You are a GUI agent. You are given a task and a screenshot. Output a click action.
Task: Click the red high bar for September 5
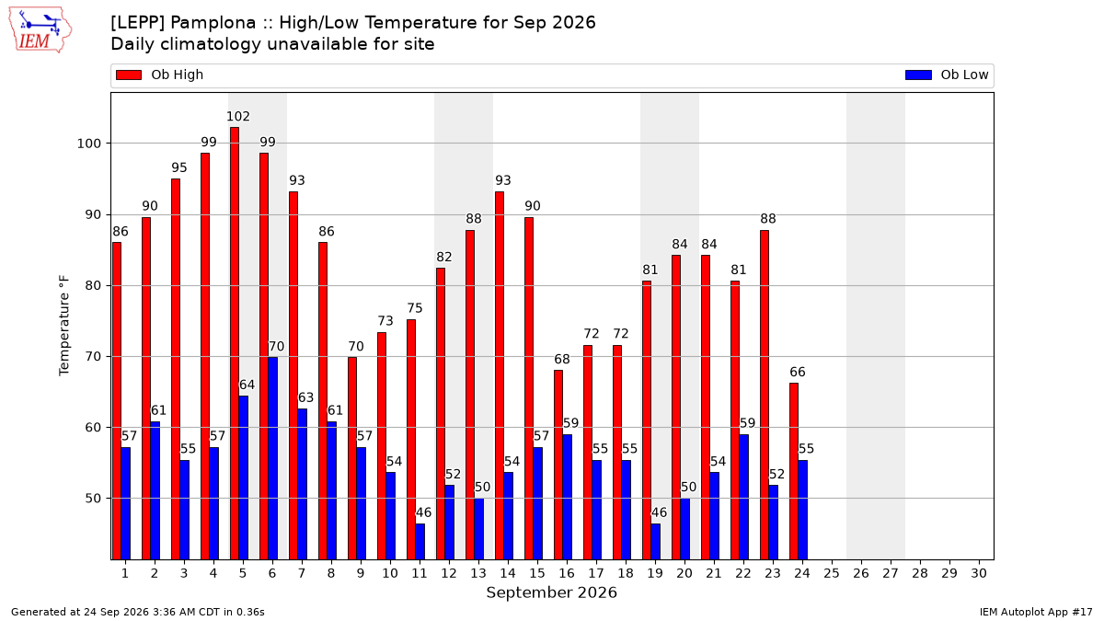pos(235,343)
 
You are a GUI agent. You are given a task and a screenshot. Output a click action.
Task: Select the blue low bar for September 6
pos(273,458)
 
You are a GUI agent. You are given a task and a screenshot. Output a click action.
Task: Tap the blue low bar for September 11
pos(420,542)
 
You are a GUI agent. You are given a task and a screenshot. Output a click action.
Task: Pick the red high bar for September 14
pos(500,375)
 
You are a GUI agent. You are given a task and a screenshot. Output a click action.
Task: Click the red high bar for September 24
pos(794,471)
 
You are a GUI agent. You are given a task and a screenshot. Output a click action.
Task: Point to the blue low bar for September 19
pos(655,542)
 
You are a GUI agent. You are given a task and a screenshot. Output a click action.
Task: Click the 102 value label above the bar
pos(238,116)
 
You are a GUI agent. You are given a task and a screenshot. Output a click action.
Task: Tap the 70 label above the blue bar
pos(277,347)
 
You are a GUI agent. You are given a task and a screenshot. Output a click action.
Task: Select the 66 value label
pos(798,372)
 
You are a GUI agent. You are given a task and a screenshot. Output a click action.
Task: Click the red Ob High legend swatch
pos(129,75)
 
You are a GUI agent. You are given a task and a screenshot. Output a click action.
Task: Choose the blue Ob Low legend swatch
pos(919,75)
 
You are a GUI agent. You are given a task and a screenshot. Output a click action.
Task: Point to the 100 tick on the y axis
pos(88,144)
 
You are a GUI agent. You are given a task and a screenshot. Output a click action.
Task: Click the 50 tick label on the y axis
pos(93,499)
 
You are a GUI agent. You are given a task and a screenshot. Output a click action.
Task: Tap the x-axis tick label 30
pos(979,573)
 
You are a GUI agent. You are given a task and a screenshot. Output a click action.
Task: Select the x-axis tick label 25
pos(832,573)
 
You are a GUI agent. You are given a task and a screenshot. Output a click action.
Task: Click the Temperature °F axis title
pos(64,326)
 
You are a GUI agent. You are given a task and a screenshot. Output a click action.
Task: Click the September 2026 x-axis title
pos(551,592)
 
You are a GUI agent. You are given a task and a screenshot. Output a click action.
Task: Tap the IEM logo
pos(40,30)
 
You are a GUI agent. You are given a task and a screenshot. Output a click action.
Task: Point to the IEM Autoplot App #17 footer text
pos(1036,612)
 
